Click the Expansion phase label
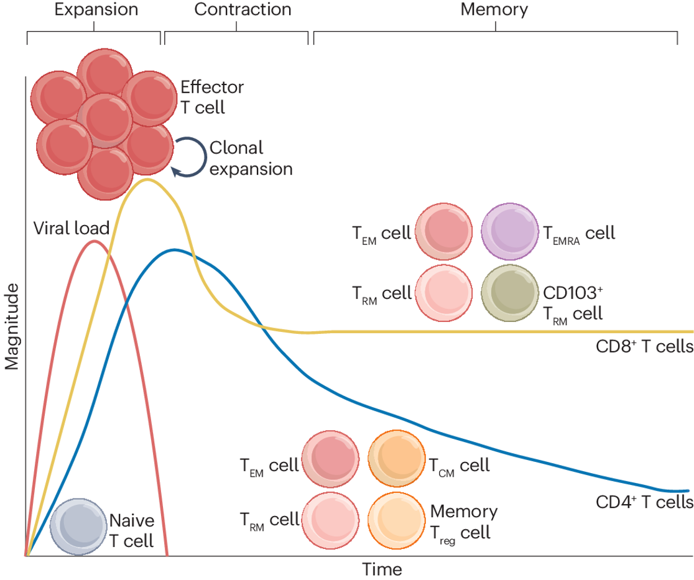tap(96, 9)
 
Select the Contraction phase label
tap(243, 9)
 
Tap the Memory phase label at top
tap(494, 9)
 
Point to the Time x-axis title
tap(382, 569)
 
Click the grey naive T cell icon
tap(78, 525)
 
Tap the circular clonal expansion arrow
tap(188, 158)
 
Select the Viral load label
tap(72, 228)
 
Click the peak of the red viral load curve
tap(94, 241)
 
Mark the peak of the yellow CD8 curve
tap(147, 180)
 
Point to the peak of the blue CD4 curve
tap(175, 250)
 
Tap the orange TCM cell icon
tap(396, 464)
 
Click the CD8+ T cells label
tap(644, 346)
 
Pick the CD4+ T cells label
tap(644, 502)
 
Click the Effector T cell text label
tap(211, 96)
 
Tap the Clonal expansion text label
tap(251, 158)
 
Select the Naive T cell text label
tap(132, 530)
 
